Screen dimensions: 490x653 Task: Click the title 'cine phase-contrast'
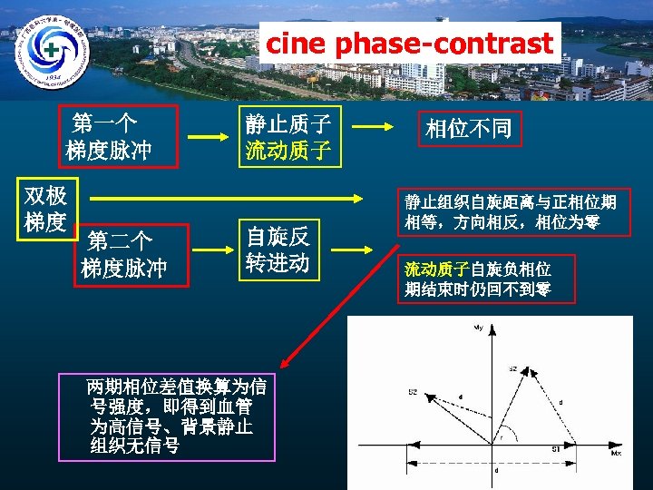click(409, 43)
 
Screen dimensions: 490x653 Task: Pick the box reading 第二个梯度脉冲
click(124, 255)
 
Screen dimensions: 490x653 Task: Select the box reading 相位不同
click(469, 129)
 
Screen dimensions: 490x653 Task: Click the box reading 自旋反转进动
click(278, 250)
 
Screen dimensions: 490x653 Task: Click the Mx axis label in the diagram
click(616, 451)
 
